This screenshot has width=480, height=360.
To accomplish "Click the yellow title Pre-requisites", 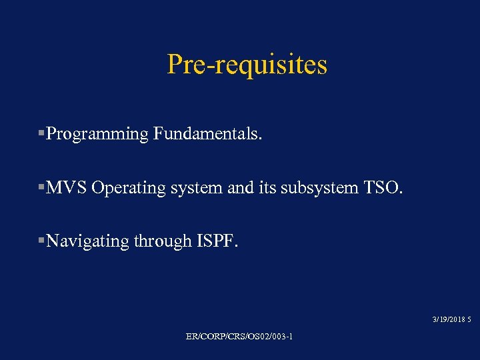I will [x=247, y=65].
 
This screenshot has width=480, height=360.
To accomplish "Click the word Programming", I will [x=97, y=134].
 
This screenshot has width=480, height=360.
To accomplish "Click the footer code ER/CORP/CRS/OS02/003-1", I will [x=239, y=337].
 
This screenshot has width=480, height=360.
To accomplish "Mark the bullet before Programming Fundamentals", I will [x=42, y=134].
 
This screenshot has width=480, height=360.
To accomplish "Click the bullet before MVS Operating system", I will [x=42, y=188].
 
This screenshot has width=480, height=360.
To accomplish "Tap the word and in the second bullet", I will [x=241, y=188].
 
